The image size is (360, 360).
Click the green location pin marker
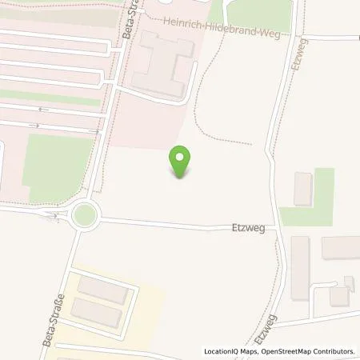[x=182, y=162]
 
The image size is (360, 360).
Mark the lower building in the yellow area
[x=96, y=313]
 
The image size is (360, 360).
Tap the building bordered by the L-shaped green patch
[x=303, y=188]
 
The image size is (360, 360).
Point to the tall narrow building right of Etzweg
[x=300, y=266]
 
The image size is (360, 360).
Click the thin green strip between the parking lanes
[x=48, y=98]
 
